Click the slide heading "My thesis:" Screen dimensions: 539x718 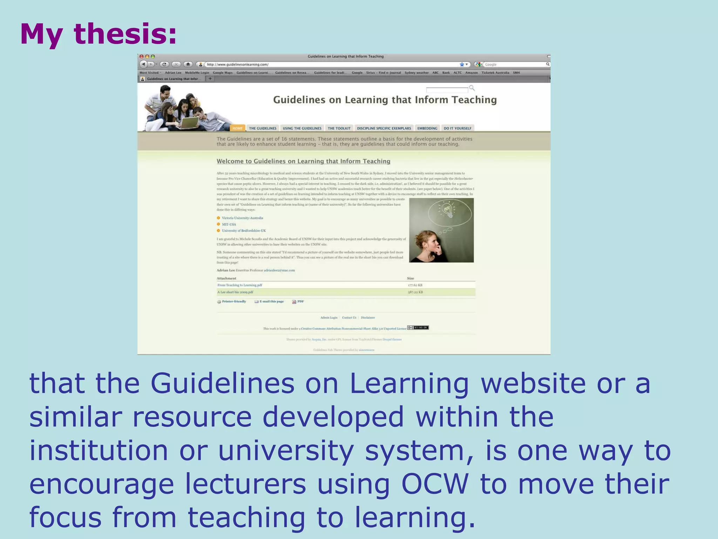tap(99, 34)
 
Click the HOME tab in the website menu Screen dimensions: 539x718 tap(238, 128)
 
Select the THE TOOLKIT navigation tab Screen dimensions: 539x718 tap(339, 128)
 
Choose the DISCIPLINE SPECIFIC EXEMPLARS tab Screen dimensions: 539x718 tap(384, 128)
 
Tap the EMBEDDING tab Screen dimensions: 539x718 tap(427, 128)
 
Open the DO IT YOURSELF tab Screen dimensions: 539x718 tap(458, 128)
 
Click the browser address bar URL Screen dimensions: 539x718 tap(238, 65)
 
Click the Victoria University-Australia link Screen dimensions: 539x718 tap(242, 218)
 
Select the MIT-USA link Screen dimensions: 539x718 tap(229, 224)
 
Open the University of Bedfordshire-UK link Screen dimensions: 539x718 tap(244, 231)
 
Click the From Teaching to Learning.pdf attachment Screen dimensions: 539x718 tap(240, 285)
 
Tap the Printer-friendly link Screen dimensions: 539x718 tap(234, 301)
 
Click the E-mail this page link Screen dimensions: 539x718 tap(271, 301)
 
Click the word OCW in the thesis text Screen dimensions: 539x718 tap(435, 484)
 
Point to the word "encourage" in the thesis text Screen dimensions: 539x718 tap(102, 484)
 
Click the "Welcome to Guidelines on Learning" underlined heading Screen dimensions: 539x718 tap(303, 161)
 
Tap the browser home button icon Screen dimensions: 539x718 tap(188, 64)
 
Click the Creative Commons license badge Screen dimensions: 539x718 tap(418, 328)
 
